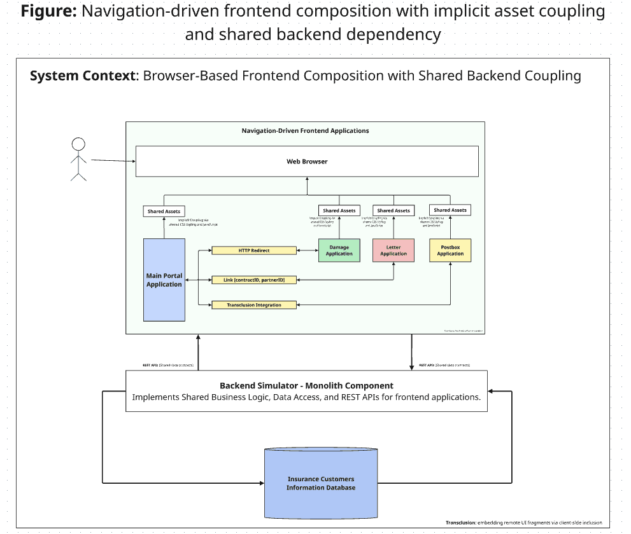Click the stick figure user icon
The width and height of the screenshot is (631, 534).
78,159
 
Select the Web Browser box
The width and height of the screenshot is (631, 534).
306,161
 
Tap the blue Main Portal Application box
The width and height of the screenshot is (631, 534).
164,280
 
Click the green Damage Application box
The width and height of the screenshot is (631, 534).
339,250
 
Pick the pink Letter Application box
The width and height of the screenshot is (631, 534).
393,250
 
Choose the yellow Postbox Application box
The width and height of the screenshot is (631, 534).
450,250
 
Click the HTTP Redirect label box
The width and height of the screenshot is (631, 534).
254,250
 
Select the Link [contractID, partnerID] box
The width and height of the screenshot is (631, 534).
254,280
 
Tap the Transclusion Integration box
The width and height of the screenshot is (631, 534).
254,305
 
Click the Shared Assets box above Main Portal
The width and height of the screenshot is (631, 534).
164,211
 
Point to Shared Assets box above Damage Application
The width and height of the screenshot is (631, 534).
339,210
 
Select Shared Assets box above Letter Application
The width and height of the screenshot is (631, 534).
393,210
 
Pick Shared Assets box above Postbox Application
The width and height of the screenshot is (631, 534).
450,210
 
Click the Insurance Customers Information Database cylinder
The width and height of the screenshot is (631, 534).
320,483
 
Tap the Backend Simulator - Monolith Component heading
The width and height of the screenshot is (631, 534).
306,385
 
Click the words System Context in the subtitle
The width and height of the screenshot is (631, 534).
83,76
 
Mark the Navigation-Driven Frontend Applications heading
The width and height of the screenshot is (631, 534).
305,131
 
